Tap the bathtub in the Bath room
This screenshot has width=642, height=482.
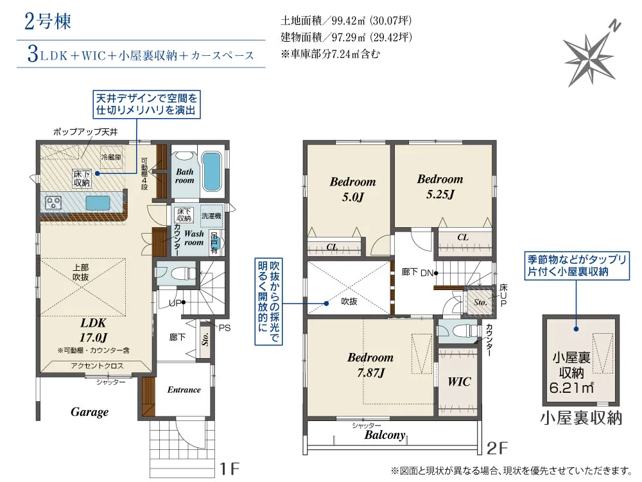[x=211, y=171]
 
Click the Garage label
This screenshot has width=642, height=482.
[x=89, y=412]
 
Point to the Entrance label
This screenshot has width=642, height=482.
[x=184, y=390]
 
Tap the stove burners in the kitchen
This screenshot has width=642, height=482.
[x=53, y=203]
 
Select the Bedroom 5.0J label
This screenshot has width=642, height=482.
[x=352, y=189]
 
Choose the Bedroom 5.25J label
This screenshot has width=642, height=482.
[x=440, y=187]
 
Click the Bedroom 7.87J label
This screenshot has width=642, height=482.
[x=370, y=365]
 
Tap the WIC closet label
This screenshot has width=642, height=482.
[x=459, y=382]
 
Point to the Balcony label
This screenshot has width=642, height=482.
[x=385, y=435]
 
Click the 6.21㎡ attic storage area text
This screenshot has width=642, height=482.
[x=571, y=387]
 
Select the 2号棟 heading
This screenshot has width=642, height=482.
[x=48, y=21]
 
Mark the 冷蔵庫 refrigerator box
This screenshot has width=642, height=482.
[x=112, y=157]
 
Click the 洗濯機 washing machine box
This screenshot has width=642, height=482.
[x=211, y=216]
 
